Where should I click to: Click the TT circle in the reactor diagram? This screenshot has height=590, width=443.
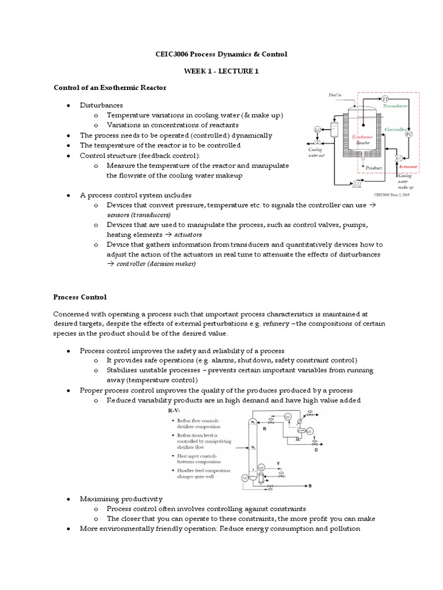[x=385, y=99]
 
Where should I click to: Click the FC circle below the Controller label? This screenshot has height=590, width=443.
[x=408, y=134]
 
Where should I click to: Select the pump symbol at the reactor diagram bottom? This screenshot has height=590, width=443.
[x=356, y=183]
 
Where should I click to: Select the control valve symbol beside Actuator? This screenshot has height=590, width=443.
[x=397, y=158]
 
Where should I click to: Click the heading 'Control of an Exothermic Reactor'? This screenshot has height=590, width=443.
[x=110, y=88]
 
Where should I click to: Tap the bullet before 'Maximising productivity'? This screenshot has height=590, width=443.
[x=68, y=498]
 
